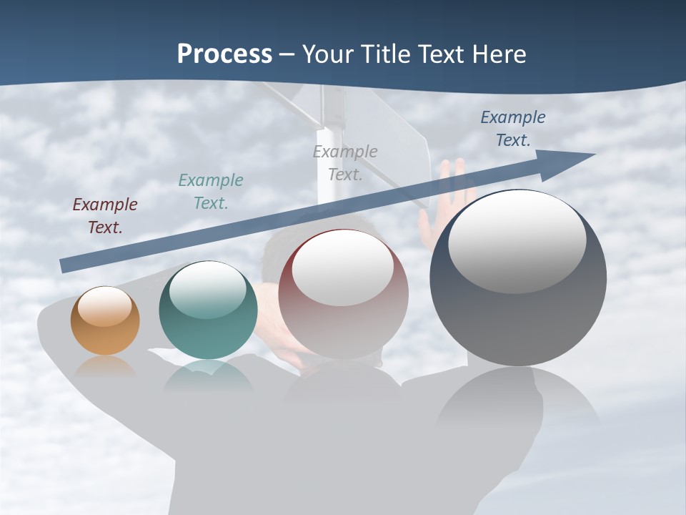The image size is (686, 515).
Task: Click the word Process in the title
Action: (224, 54)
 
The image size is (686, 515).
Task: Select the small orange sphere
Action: (105, 320)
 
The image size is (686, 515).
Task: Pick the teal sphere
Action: (208, 310)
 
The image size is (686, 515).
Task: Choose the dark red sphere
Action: (343, 293)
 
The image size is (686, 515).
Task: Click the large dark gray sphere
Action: (518, 278)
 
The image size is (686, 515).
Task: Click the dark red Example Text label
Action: (105, 215)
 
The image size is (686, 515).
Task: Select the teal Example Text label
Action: (211, 191)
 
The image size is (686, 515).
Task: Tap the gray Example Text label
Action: (345, 162)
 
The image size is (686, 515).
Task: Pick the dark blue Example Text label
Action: (513, 128)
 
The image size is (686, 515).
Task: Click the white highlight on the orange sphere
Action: (104, 306)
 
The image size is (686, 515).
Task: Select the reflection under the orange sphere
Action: (105, 367)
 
